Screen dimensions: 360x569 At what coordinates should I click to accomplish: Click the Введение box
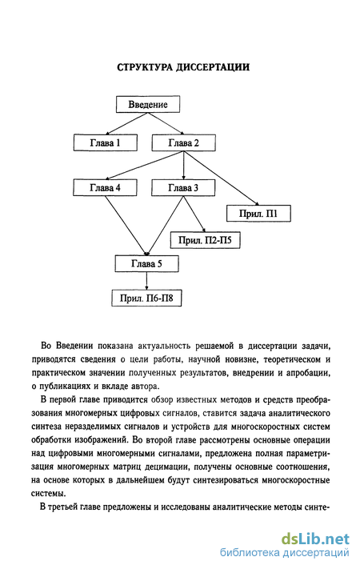(x=148, y=104)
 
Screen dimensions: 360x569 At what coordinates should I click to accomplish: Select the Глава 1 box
(x=106, y=142)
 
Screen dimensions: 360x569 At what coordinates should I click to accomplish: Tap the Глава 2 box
(x=184, y=142)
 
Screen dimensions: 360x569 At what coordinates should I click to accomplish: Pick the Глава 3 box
(x=183, y=187)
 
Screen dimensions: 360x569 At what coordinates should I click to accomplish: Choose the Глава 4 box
(x=105, y=187)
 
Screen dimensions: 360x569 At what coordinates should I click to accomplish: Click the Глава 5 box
(x=146, y=263)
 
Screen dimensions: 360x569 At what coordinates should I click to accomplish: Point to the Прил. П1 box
(x=258, y=213)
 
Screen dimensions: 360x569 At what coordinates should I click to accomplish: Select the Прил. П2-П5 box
(x=205, y=240)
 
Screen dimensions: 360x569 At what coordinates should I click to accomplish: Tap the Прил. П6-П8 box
(x=146, y=298)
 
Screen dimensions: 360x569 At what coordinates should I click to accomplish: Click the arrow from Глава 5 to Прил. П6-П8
(x=146, y=281)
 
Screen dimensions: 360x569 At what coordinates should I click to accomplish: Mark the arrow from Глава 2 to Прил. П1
(x=221, y=178)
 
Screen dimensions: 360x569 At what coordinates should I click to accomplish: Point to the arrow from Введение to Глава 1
(x=126, y=123)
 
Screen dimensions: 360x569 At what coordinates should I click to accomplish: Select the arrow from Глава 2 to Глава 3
(x=184, y=165)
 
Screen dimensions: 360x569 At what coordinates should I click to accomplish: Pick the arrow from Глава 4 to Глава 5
(x=126, y=226)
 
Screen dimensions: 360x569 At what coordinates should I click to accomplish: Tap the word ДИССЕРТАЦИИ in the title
(x=213, y=67)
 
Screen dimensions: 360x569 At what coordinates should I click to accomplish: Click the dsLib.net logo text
(x=315, y=539)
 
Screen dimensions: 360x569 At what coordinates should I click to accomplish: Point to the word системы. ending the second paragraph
(x=49, y=494)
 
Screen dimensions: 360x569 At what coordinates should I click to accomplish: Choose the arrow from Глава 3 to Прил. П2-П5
(x=194, y=214)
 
